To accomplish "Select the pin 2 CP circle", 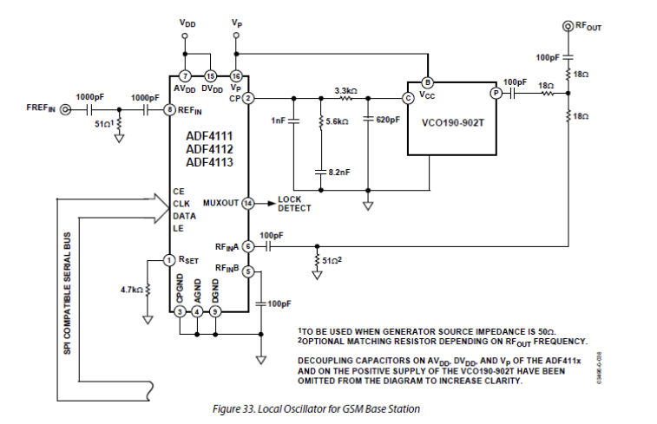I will point(247,98).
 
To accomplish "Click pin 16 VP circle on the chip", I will point(237,76).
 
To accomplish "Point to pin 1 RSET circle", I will point(169,259).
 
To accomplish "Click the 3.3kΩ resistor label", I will point(346,89).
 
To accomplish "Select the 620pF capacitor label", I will point(386,121).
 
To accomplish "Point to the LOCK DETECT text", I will point(294,204).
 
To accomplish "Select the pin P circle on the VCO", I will point(496,93).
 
